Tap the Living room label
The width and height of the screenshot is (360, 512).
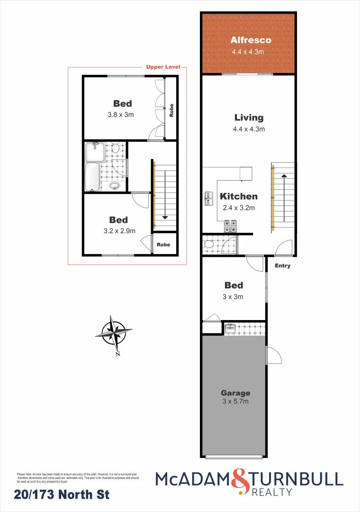click(x=249, y=118)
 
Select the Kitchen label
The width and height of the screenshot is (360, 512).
click(x=238, y=196)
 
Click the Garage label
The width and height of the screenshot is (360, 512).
click(x=235, y=393)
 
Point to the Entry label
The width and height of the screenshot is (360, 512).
click(x=283, y=265)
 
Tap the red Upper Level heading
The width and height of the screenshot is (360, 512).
click(x=163, y=67)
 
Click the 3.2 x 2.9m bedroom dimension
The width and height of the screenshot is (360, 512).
click(x=118, y=231)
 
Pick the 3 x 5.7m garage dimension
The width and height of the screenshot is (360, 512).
click(x=235, y=402)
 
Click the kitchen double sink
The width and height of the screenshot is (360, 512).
click(x=208, y=198)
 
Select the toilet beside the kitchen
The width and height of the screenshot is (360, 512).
click(x=207, y=245)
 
